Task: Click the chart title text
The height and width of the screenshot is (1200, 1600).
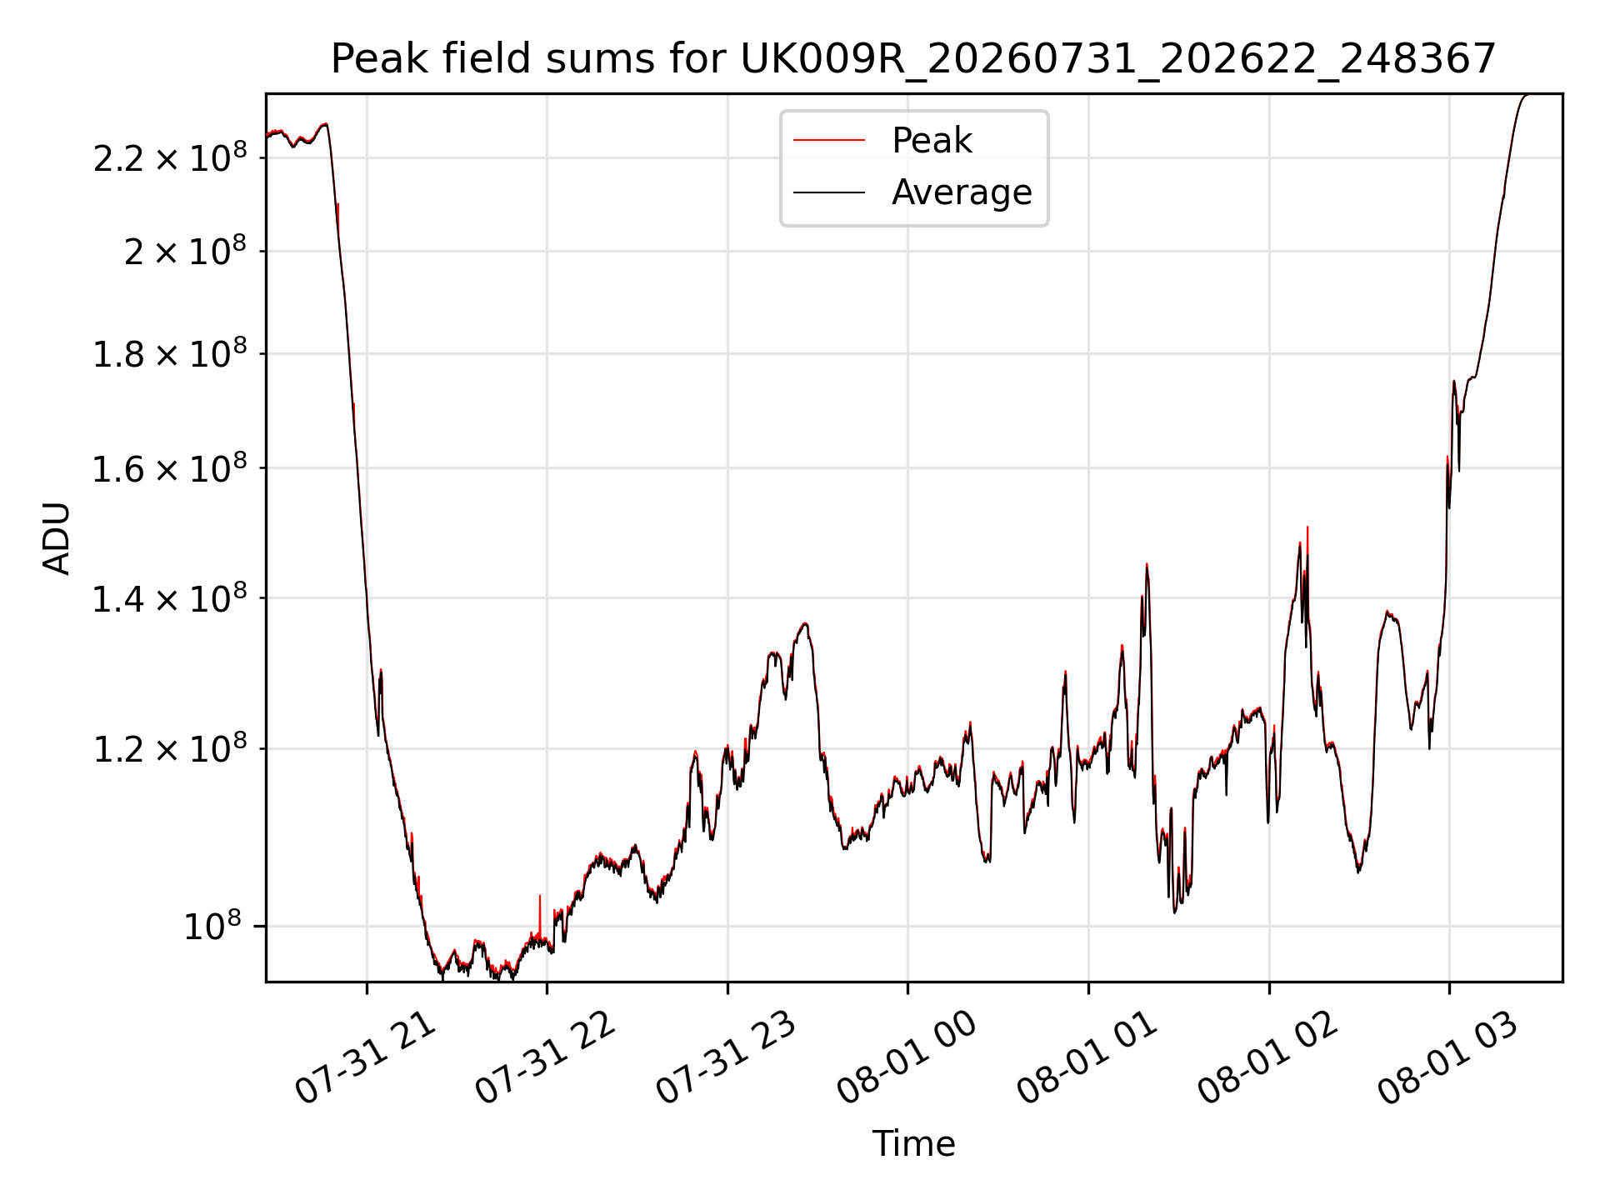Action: point(913,59)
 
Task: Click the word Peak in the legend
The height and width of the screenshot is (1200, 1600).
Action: point(932,141)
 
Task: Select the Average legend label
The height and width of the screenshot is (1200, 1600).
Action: point(962,192)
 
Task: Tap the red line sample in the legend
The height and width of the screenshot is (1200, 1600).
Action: point(829,141)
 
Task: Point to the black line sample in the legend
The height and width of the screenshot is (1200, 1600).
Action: point(829,192)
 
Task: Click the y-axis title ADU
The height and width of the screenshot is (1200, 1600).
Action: point(57,537)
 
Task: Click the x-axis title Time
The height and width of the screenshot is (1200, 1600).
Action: point(913,1144)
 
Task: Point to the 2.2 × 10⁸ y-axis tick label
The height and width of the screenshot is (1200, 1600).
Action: point(170,157)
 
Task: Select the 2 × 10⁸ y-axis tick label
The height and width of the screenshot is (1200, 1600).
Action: point(185,250)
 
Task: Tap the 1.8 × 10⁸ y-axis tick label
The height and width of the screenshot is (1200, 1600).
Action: point(170,353)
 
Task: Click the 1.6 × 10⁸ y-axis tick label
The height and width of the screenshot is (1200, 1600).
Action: point(170,468)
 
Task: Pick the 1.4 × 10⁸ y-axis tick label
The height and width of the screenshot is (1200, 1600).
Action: point(170,598)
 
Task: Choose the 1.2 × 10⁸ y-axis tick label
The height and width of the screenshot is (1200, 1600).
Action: point(170,748)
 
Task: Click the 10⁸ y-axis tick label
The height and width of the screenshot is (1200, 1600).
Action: point(212,925)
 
